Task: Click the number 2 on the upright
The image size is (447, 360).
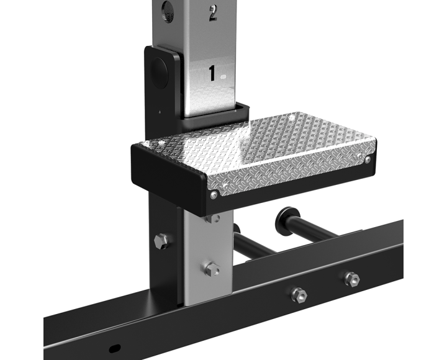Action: [213, 12]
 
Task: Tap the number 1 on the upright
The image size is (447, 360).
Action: [212, 73]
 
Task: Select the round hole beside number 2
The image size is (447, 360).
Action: [167, 11]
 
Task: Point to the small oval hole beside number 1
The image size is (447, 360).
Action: [223, 76]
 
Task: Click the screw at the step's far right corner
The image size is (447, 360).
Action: [368, 160]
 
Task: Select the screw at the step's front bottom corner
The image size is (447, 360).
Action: [214, 196]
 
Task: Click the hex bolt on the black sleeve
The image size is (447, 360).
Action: [163, 241]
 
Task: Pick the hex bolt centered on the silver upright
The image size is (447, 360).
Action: [212, 269]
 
